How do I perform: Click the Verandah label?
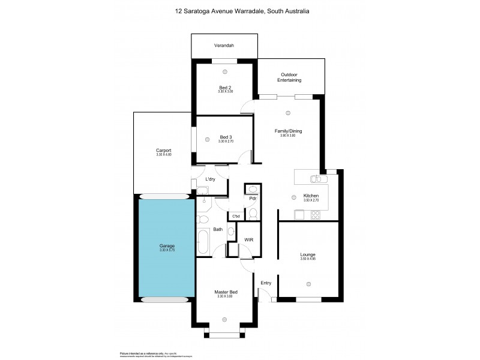click(224, 46)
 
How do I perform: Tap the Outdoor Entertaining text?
click(290, 77)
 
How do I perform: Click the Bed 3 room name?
click(225, 137)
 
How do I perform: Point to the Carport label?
click(164, 151)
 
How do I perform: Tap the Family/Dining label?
click(287, 131)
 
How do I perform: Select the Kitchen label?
click(310, 196)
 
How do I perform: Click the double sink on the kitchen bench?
click(316, 179)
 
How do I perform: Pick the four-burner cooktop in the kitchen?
click(316, 215)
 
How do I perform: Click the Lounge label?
click(308, 255)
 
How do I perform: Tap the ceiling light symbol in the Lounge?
click(308, 284)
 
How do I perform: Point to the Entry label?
click(265, 283)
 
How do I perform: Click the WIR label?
click(249, 240)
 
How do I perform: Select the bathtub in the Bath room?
click(202, 242)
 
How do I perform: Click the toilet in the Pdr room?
click(253, 214)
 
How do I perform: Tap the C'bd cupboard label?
click(236, 216)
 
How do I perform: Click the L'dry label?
click(210, 180)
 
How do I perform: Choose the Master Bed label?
click(226, 292)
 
